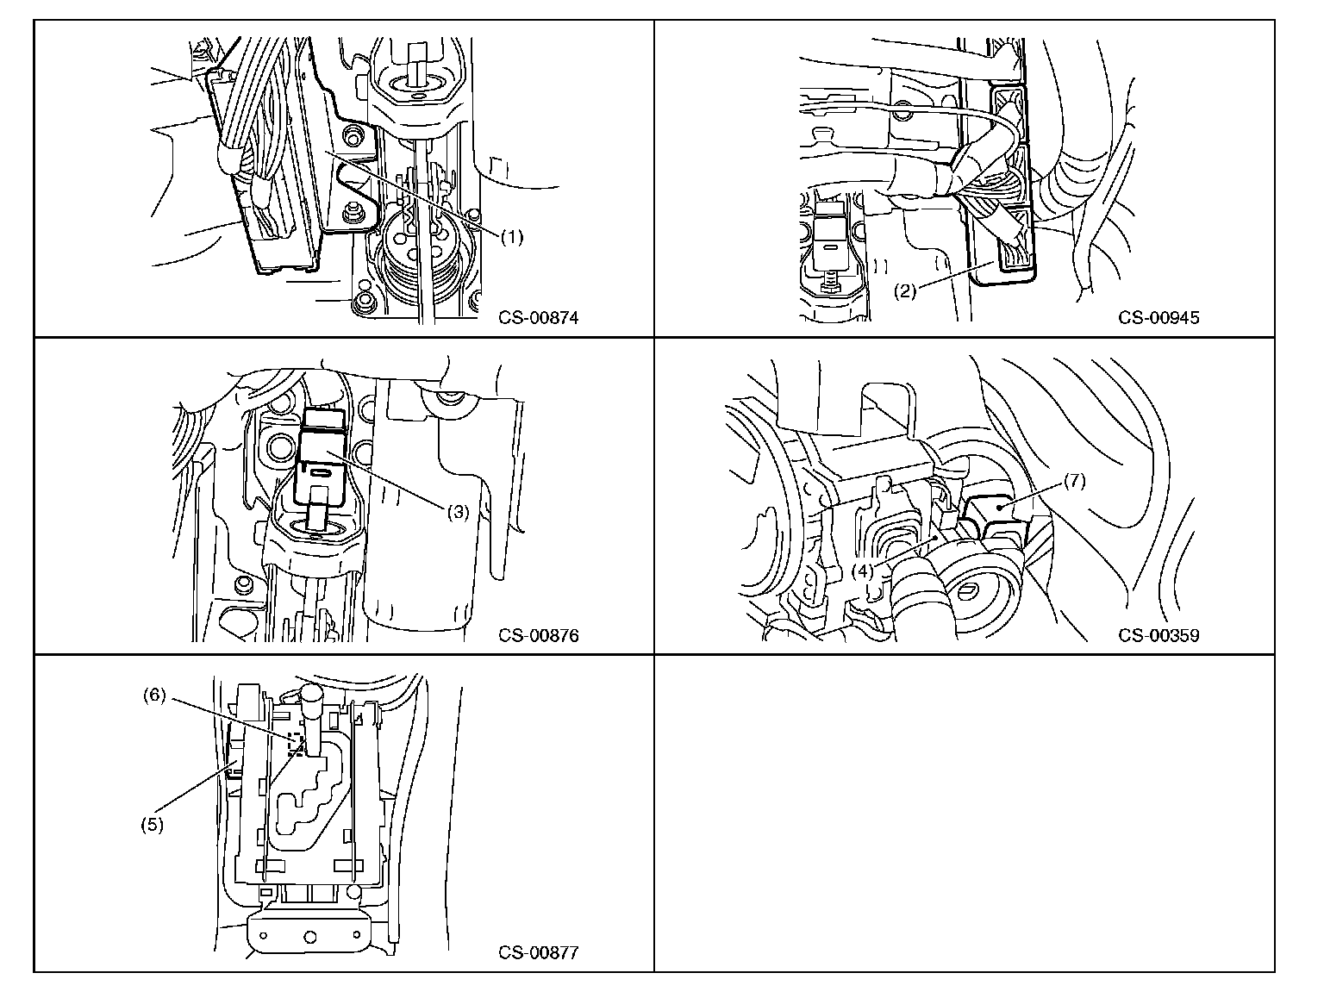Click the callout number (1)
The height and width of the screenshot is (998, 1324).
[x=512, y=239]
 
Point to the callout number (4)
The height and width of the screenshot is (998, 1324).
[x=863, y=571]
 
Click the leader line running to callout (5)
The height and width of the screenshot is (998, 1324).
[x=194, y=789]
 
